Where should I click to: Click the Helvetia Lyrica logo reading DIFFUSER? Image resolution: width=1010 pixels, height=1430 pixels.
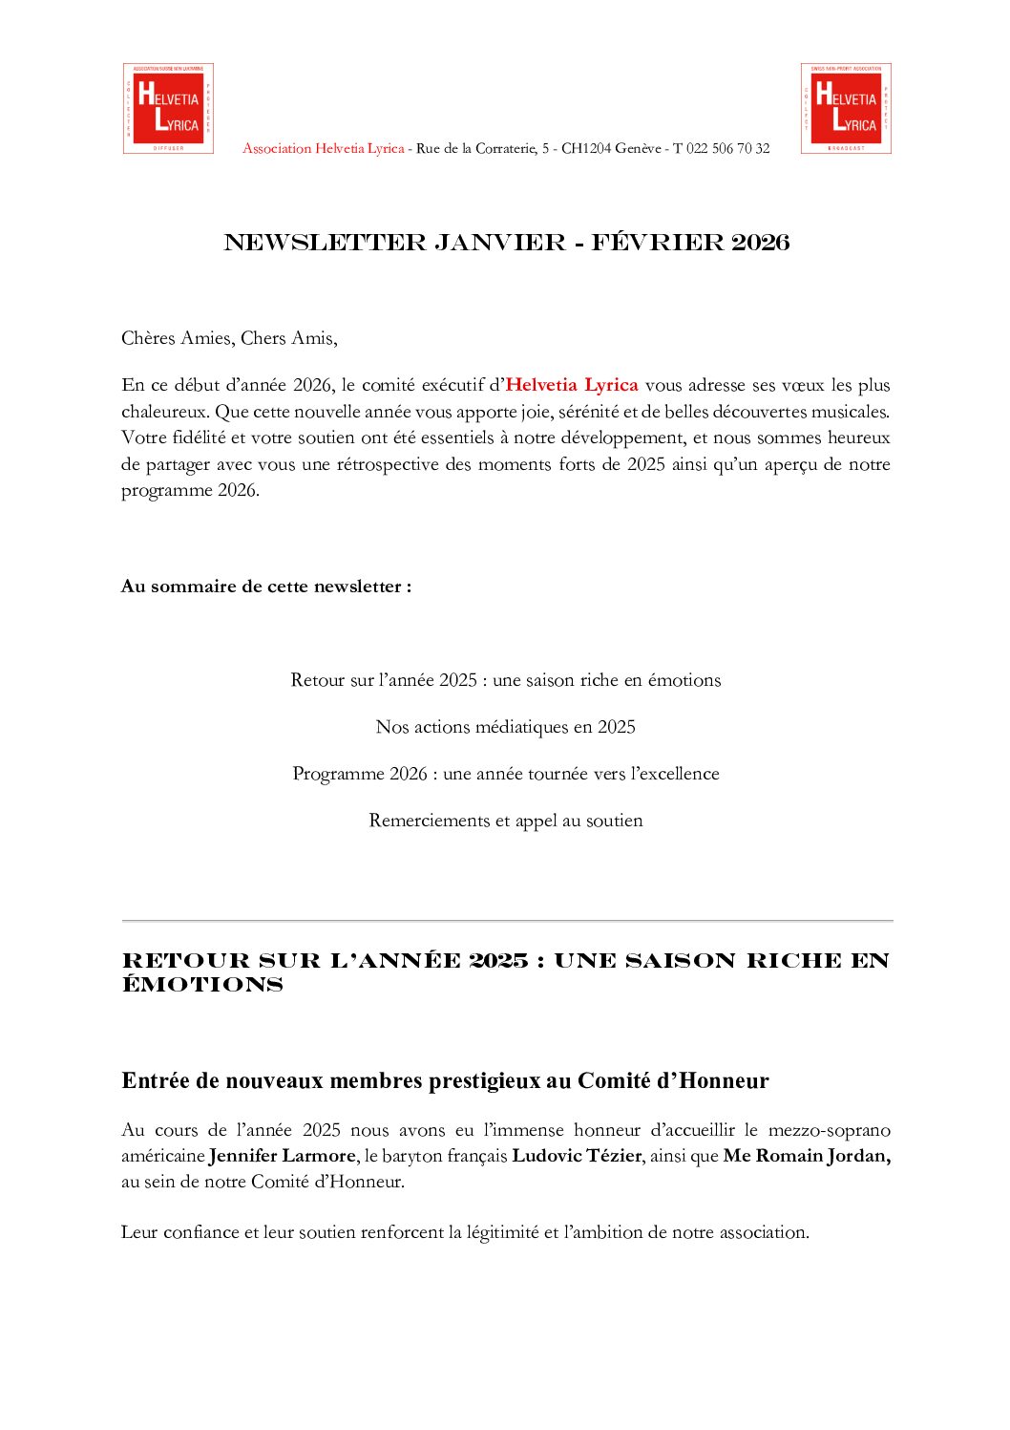168,108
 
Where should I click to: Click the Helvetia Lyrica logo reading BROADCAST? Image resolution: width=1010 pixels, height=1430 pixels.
846,108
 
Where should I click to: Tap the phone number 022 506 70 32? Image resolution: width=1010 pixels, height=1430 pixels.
727,149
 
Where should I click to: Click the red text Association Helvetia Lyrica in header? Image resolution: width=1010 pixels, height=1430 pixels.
323,149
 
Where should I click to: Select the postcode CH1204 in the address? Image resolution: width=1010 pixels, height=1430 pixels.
585,149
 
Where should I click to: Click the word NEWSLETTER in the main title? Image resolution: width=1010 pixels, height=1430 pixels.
325,243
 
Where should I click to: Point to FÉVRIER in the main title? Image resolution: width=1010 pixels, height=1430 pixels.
657,243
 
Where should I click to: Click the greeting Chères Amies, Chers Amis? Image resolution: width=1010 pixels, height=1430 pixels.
229,338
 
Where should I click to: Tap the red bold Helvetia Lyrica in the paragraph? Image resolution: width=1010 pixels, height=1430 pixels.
571,385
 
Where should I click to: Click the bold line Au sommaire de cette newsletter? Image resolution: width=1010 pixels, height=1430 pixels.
266,587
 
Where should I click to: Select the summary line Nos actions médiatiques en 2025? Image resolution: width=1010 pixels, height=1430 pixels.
505,727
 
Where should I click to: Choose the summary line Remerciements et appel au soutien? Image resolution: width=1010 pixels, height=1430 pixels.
505,821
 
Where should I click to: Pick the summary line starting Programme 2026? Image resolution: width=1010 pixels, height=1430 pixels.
505,774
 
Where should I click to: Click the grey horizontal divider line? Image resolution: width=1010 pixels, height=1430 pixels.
507,921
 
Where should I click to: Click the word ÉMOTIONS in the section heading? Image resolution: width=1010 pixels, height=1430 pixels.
202,986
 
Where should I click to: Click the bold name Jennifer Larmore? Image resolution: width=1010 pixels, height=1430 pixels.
282,1156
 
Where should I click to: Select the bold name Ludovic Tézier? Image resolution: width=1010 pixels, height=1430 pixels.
577,1156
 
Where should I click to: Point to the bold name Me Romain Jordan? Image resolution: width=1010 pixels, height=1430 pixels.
807,1156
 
